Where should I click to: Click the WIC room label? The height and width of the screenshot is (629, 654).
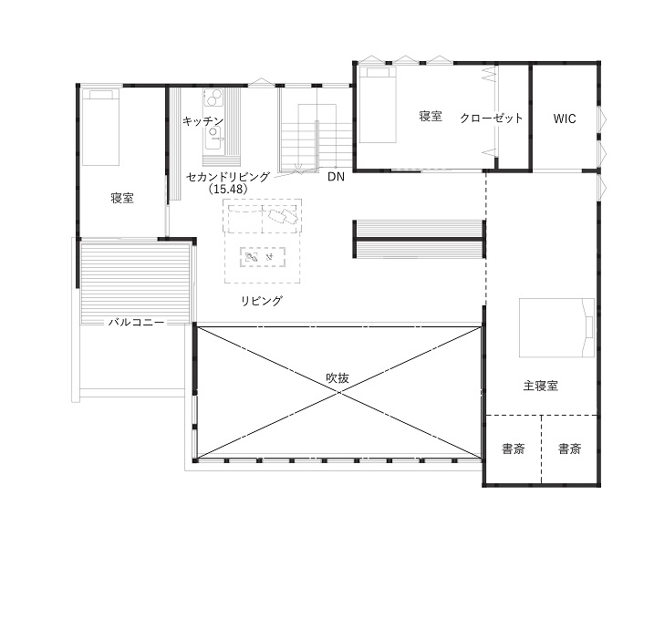[x=565, y=119]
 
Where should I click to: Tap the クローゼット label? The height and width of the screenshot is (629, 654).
[x=492, y=118]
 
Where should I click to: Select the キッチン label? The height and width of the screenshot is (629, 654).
[x=203, y=121]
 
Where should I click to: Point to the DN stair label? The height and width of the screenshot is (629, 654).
[x=336, y=177]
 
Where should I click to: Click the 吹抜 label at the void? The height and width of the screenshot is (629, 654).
[x=337, y=378]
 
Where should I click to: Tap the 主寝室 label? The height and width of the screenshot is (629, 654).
[x=541, y=386]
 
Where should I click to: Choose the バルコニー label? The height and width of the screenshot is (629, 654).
[x=137, y=322]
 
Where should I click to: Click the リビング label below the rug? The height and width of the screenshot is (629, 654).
[x=262, y=301]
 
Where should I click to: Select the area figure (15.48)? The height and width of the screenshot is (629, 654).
[x=228, y=189]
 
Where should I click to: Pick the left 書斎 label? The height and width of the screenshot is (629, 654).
[x=513, y=449]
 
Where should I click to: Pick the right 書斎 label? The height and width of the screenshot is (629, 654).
[x=570, y=449]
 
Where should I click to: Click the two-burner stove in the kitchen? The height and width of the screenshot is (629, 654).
[x=213, y=98]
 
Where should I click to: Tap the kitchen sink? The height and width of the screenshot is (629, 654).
[x=213, y=138]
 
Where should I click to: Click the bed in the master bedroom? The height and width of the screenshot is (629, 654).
[x=556, y=327]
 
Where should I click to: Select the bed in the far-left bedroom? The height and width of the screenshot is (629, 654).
[x=100, y=127]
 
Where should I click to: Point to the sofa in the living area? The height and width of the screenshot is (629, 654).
[x=263, y=216]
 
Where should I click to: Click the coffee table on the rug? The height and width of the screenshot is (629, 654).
[x=263, y=257]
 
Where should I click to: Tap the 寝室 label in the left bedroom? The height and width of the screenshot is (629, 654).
[x=122, y=198]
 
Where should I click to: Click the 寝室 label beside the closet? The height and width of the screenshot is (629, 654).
[x=431, y=116]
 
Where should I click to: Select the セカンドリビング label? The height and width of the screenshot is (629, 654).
[x=228, y=177]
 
